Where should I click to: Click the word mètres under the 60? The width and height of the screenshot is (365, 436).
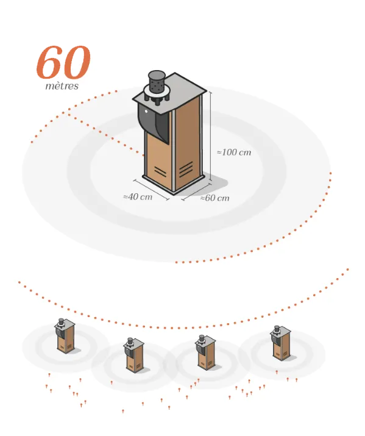click(62, 86)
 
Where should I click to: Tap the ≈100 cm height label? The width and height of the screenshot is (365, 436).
click(234, 152)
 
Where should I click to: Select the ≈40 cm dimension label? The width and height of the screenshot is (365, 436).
click(138, 197)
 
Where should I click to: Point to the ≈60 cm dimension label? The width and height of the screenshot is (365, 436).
click(215, 198)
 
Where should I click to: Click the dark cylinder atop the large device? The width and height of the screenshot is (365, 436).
click(157, 82)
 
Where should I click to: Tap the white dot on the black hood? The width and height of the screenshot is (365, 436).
click(146, 112)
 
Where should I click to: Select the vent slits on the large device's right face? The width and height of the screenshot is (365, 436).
click(186, 169)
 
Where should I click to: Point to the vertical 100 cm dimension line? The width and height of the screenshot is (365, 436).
click(211, 136)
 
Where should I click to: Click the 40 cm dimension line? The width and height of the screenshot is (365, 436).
click(151, 190)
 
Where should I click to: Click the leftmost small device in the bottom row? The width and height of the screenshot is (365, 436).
click(65, 336)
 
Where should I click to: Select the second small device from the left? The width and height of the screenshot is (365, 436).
click(134, 355)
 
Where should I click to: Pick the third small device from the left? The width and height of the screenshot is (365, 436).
click(205, 352)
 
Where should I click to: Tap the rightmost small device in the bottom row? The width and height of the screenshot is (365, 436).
click(280, 343)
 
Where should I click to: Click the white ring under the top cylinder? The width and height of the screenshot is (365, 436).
click(157, 91)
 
